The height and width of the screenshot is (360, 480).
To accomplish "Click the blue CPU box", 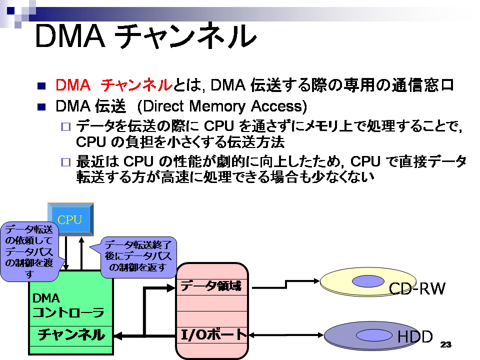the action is pos(70,219).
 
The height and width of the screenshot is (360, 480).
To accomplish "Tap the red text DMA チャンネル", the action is pos(114,85).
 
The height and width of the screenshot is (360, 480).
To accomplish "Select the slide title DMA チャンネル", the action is pos(145,36).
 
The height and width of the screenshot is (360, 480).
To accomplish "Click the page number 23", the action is pos(445,344).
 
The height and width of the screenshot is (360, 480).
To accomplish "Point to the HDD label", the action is pos(415,336).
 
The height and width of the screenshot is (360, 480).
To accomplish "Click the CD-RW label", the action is pos(417,288).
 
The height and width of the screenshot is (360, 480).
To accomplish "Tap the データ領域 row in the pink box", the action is pos(211,286).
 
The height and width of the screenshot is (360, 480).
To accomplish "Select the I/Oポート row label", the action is pos(213,334).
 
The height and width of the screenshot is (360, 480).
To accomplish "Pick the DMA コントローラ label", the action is pos(68,305).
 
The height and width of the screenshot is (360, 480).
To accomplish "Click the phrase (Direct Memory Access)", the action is pos(222,106).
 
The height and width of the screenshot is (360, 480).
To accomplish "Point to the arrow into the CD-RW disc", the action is pos(286,284).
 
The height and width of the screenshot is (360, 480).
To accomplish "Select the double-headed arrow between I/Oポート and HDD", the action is pos(286,335).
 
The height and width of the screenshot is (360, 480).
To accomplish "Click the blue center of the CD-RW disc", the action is pos(368,281).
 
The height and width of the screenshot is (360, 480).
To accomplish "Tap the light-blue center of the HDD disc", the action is pos(374,335).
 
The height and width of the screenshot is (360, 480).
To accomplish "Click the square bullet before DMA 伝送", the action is pos(41,107).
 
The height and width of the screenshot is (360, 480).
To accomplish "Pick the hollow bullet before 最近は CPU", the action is pos(66,162).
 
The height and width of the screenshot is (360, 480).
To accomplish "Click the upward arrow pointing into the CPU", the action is pos(81,253).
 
